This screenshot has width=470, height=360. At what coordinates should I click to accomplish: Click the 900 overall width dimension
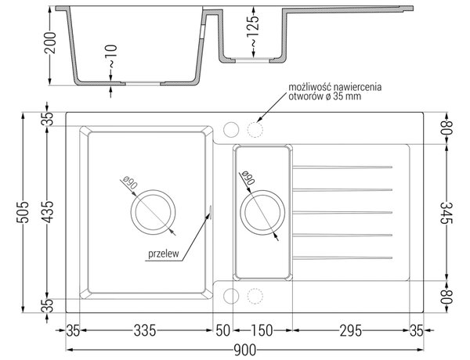pyautogui.click(x=244, y=350)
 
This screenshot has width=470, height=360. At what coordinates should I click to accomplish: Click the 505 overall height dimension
pyautogui.click(x=23, y=212)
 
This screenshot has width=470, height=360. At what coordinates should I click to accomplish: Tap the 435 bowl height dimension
pyautogui.click(x=47, y=212)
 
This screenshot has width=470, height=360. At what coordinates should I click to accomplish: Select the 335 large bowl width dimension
pyautogui.click(x=145, y=330)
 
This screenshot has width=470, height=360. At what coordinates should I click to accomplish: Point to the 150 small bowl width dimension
pyautogui.click(x=262, y=330)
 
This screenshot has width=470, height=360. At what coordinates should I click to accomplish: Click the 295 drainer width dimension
pyautogui.click(x=350, y=330)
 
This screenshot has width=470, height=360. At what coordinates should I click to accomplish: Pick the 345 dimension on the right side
pyautogui.click(x=446, y=213)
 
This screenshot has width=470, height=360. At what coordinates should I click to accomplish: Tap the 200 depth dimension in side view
pyautogui.click(x=50, y=42)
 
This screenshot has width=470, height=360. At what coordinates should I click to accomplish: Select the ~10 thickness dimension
pyautogui.click(x=111, y=56)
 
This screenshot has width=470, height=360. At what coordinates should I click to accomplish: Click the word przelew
pyautogui.click(x=164, y=254)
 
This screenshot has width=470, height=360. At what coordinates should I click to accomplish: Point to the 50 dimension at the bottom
pyautogui.click(x=223, y=330)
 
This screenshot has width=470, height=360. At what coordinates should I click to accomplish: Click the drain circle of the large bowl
pyautogui.click(x=153, y=212)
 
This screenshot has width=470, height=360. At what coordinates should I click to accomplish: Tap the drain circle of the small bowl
pyautogui.click(x=262, y=212)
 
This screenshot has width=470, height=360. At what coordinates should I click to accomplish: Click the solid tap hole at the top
pyautogui.click(x=231, y=130)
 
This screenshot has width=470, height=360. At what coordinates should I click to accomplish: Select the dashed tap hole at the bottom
pyautogui.click(x=255, y=296)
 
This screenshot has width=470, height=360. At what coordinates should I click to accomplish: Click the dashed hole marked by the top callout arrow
pyautogui.click(x=255, y=130)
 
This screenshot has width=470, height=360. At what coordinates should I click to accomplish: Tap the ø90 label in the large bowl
pyautogui.click(x=130, y=183)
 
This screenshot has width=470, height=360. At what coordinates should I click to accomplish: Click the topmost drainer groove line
pyautogui.click(x=342, y=167)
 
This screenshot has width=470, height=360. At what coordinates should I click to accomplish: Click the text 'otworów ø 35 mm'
pyautogui.click(x=324, y=96)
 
